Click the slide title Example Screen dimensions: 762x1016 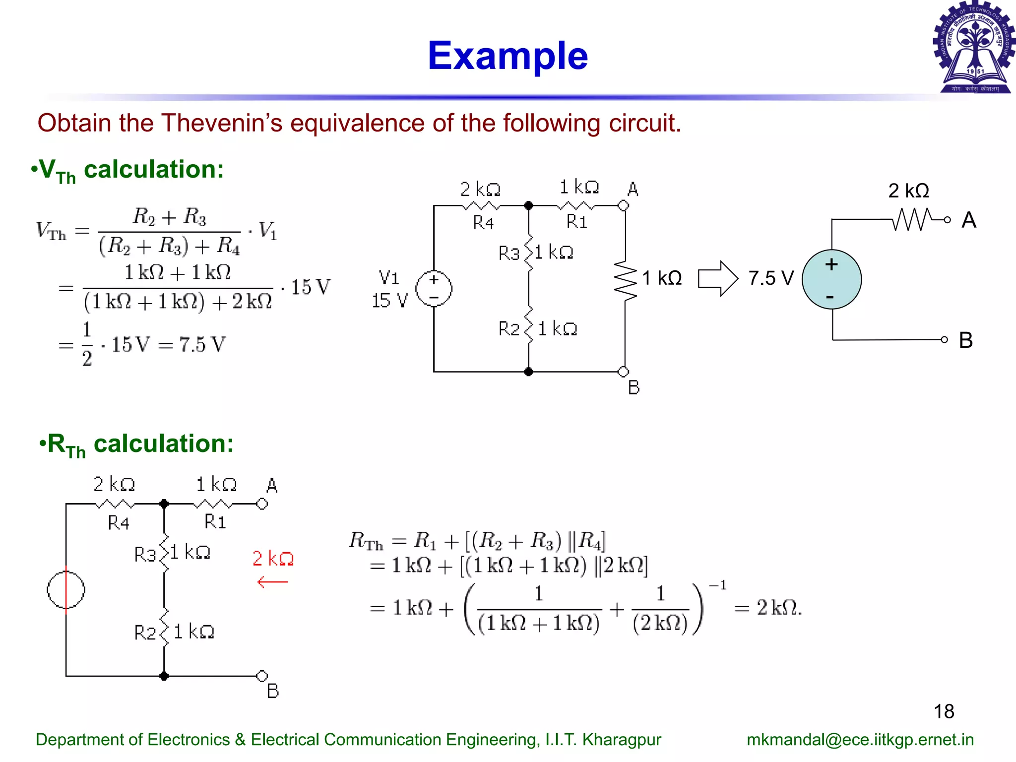click(508, 56)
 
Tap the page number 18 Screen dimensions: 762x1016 click(944, 711)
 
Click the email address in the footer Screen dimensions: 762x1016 click(860, 740)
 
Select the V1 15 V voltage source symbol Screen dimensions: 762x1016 click(434, 289)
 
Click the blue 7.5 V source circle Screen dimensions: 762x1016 click(831, 279)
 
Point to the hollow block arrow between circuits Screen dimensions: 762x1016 click(717, 279)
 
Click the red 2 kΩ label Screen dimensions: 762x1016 click(273, 559)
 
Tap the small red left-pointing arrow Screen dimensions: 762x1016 click(272, 582)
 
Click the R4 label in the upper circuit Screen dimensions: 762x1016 click(483, 223)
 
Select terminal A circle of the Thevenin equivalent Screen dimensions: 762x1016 click(947, 220)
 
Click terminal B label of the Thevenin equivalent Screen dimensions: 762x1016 click(965, 340)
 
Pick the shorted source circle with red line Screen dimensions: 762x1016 click(66, 590)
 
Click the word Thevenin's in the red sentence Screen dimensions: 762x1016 click(222, 123)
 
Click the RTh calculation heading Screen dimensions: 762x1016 click(136, 444)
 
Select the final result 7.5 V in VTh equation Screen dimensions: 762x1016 click(202, 344)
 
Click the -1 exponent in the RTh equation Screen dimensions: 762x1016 click(717, 586)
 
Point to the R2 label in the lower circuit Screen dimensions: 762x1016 click(145, 633)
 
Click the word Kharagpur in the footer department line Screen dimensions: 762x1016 click(622, 740)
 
